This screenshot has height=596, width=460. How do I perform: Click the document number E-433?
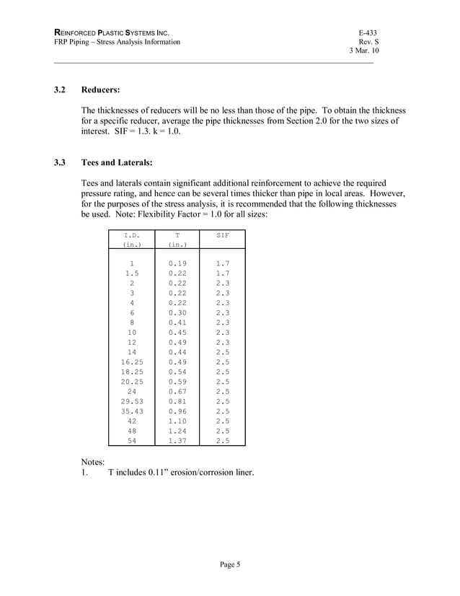(368, 33)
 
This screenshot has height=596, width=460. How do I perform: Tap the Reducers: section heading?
(100, 91)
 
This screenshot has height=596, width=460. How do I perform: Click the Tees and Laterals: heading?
(117, 163)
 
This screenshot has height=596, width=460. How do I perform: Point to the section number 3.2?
(61, 91)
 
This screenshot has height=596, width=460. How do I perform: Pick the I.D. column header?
(131, 235)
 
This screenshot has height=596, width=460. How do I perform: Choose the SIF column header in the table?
(223, 235)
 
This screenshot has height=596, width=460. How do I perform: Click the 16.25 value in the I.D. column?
(131, 361)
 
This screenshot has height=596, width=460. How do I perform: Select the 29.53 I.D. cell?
(131, 400)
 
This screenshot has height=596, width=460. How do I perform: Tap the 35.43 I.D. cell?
(131, 412)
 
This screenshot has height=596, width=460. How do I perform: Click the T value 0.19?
(177, 264)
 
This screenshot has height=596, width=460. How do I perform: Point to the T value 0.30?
(177, 313)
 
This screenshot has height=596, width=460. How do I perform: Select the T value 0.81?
(177, 400)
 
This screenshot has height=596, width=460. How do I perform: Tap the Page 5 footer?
(229, 564)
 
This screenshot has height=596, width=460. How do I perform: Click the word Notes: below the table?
(93, 461)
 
